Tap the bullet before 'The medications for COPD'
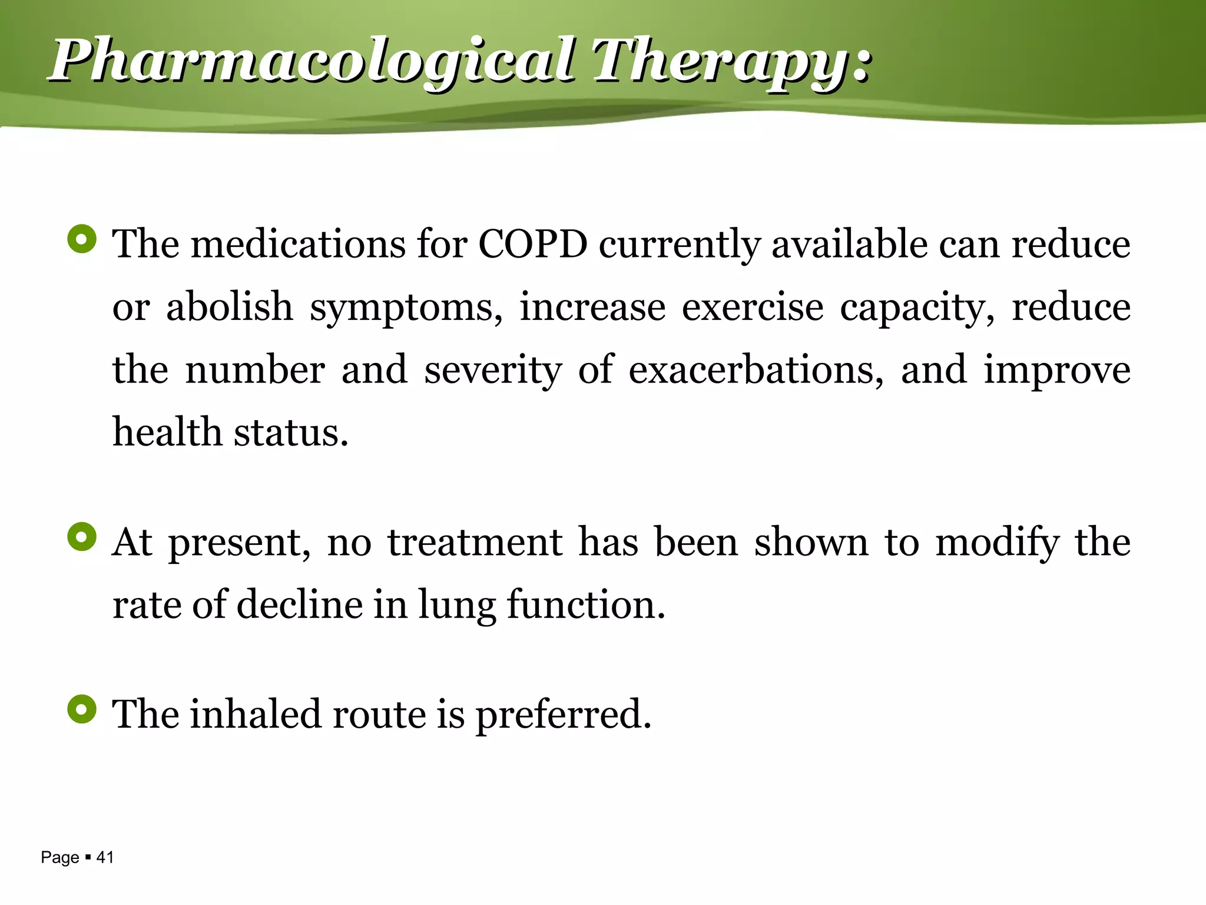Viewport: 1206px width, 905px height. coord(82,239)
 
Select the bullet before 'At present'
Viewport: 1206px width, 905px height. coord(82,537)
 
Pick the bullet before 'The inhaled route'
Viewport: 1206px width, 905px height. coord(82,709)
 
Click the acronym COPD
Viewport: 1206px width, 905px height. coord(532,244)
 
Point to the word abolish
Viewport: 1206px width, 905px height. coord(229,307)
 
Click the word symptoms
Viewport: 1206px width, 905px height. coord(406,308)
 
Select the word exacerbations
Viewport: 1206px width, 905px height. coord(756,370)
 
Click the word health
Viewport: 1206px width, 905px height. coord(167,432)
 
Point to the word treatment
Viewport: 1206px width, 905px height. coord(475,542)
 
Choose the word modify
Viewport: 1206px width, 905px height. coord(997,542)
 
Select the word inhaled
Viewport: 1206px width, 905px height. coord(256,714)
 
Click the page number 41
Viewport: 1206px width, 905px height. coord(105,857)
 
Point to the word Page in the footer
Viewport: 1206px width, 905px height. coord(60,858)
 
